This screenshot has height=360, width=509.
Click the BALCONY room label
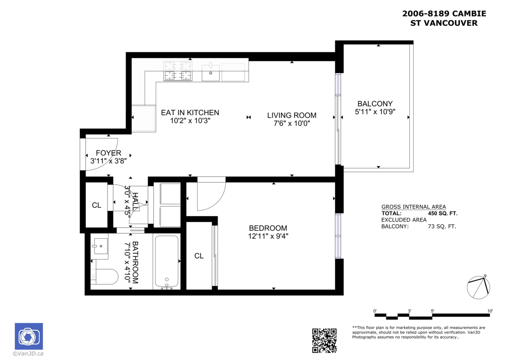pyautogui.click(x=375, y=104)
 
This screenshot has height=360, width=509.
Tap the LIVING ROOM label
pyautogui.click(x=292, y=115)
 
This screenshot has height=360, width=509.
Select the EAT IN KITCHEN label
pyautogui.click(x=190, y=112)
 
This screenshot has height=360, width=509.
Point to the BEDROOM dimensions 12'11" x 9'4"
pyautogui.click(x=268, y=236)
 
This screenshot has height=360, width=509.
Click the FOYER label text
pyautogui.click(x=109, y=153)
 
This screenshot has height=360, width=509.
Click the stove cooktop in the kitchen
pyautogui.click(x=178, y=71)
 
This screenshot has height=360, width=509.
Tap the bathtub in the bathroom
pyautogui.click(x=167, y=262)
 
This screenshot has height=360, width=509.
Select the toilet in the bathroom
pyautogui.click(x=104, y=276)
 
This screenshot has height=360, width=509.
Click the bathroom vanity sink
pyautogui.click(x=100, y=246)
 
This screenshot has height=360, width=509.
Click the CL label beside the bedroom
pyautogui.click(x=199, y=256)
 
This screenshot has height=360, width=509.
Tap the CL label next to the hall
pyautogui.click(x=97, y=205)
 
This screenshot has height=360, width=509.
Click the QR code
pyautogui.click(x=324, y=340)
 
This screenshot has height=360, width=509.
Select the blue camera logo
pyautogui.click(x=29, y=336)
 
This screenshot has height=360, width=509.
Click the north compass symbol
pyautogui.click(x=478, y=287)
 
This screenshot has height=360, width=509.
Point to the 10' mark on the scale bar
pyautogui.click(x=490, y=311)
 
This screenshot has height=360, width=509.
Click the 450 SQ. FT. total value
pyautogui.click(x=443, y=213)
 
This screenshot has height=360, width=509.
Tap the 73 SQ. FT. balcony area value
pyautogui.click(x=442, y=227)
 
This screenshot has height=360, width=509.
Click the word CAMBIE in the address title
pyautogui.click(x=469, y=14)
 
